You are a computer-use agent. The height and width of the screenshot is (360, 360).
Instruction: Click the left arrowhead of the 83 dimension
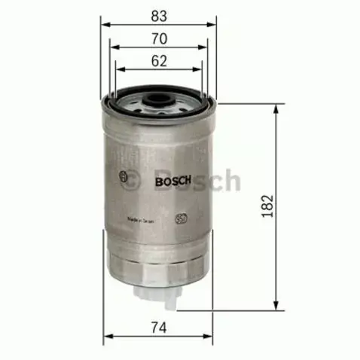pos(105,23)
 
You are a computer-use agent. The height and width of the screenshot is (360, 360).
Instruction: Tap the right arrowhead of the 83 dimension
pos(212,23)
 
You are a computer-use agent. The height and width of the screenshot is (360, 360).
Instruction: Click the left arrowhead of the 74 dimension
pos(108,336)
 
